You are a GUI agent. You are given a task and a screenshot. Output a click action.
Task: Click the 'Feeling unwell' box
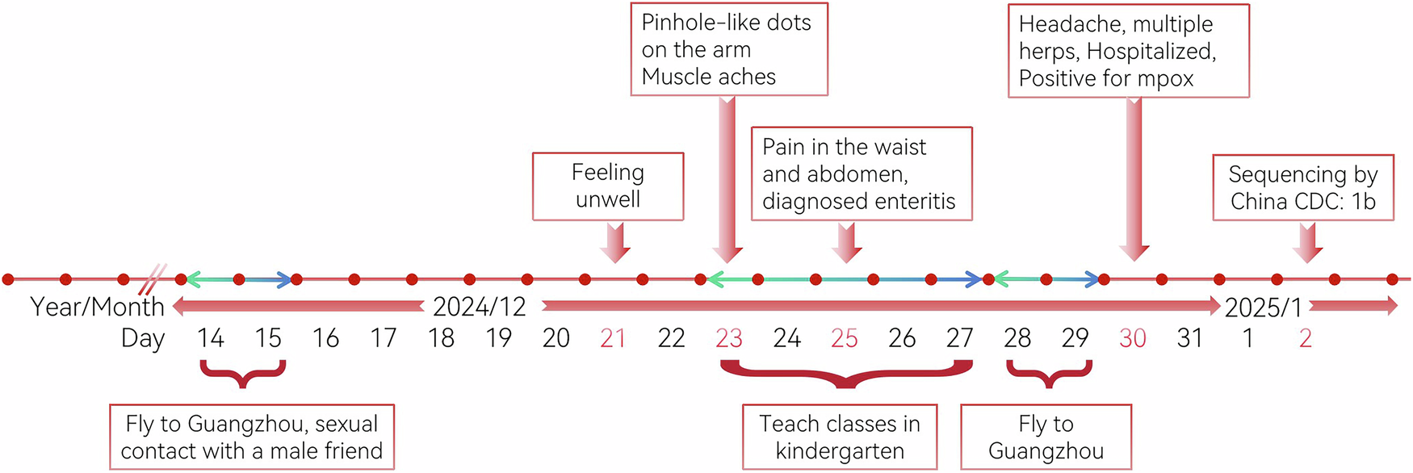608,186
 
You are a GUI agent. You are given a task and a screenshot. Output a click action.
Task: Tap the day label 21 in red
613,337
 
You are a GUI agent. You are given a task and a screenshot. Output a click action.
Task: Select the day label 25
844,337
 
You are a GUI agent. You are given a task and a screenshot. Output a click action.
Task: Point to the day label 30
1132,337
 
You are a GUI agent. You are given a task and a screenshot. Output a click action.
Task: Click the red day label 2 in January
1305,337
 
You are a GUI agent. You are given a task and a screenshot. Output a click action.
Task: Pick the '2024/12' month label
480,307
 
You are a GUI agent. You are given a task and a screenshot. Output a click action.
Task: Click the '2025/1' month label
1264,308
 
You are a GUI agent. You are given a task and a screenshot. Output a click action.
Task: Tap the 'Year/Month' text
97,307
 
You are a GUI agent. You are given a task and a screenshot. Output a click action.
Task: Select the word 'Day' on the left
143,338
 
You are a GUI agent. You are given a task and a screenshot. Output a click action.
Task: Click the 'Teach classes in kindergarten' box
840,437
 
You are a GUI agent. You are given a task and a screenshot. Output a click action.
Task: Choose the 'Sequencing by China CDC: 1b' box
1303,187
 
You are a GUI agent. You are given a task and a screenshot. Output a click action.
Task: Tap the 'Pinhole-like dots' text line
726,23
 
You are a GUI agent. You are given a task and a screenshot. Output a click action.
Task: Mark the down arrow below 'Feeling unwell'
615,242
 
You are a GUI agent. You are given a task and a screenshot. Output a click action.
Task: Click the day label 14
210,337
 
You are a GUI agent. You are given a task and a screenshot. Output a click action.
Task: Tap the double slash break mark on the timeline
152,279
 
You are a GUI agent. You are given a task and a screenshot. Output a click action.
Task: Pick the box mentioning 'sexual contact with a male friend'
252,437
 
